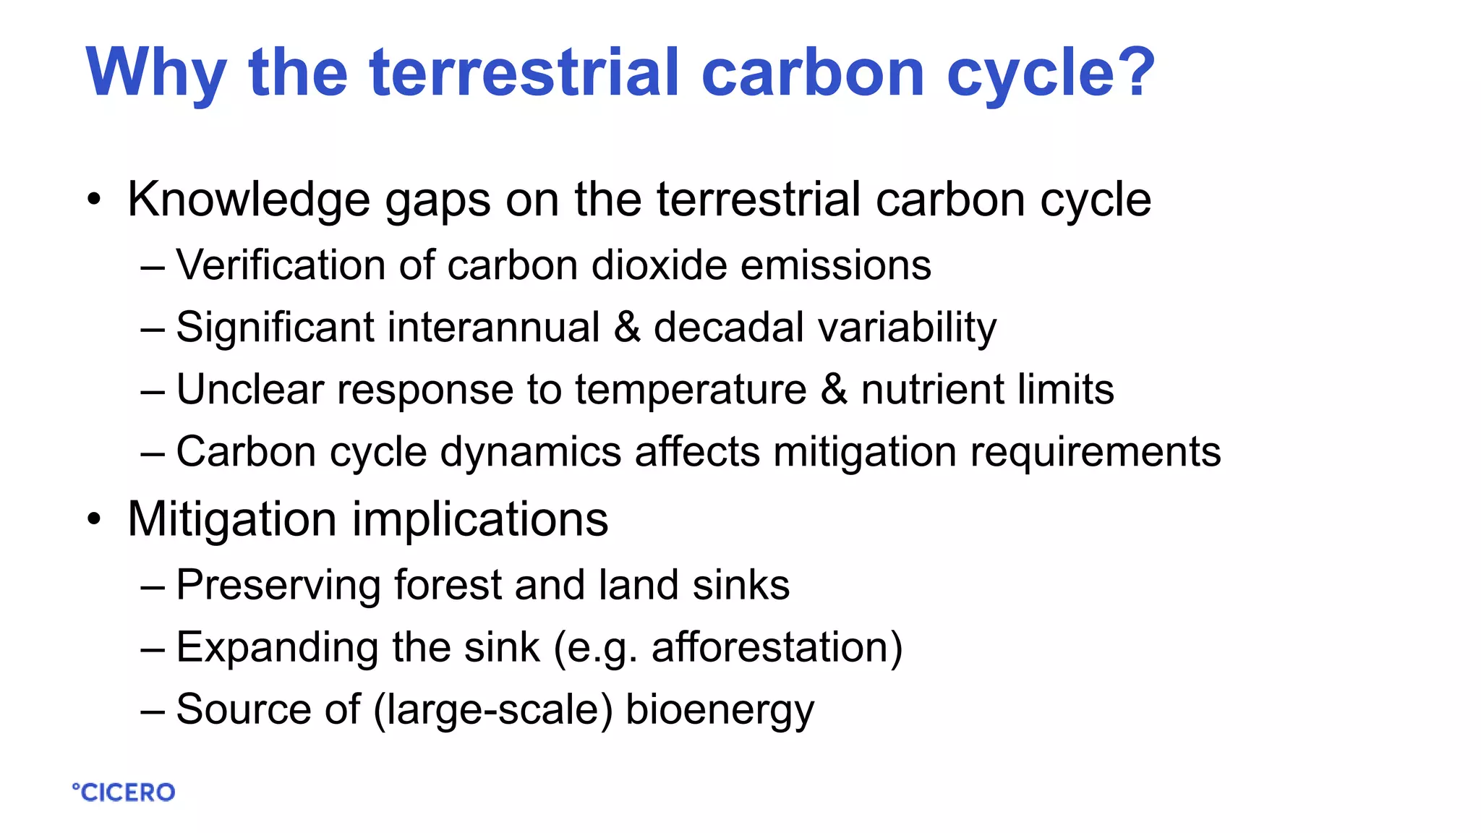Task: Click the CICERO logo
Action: point(124,793)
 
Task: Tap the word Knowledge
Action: point(249,200)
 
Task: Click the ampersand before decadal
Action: point(627,327)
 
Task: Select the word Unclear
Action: point(250,389)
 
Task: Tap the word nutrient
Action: point(932,389)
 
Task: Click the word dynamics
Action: point(531,452)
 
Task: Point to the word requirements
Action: point(1096,452)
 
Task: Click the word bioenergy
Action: point(720,710)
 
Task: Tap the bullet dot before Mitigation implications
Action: point(94,519)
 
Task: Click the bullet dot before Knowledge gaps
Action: point(94,200)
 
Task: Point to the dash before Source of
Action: point(153,710)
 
